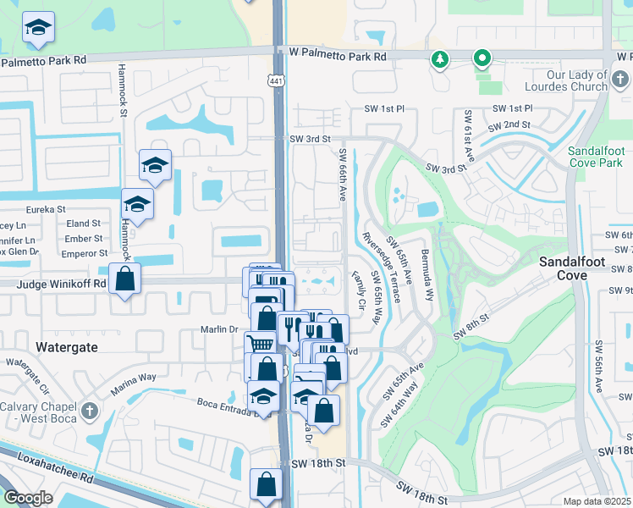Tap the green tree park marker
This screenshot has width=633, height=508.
click(439, 59)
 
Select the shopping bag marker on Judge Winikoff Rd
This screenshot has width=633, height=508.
click(124, 278)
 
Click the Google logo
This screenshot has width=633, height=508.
click(28, 498)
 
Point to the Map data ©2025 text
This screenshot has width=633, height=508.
click(597, 501)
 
